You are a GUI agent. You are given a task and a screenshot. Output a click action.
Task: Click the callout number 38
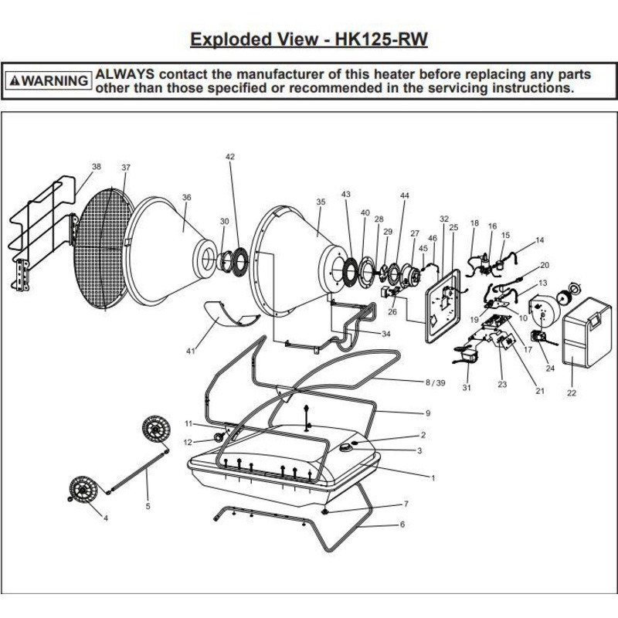pos(96,167)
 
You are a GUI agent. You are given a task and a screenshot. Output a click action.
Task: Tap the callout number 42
pos(230,157)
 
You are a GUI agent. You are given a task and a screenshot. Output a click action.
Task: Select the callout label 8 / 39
pos(435,382)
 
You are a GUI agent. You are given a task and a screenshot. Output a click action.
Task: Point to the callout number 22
pos(572,392)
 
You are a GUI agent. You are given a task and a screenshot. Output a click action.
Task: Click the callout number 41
pos(190,351)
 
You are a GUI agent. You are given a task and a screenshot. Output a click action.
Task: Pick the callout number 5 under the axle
pos(148,506)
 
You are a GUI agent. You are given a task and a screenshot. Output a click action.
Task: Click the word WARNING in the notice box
pos(55,81)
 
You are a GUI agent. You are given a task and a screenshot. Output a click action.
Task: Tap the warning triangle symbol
pos(15,81)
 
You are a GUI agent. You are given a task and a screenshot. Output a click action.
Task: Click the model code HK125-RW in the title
pos(381,39)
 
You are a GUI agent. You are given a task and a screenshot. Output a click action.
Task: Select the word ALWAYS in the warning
pos(125,74)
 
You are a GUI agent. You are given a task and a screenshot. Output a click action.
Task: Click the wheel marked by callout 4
pos(83,490)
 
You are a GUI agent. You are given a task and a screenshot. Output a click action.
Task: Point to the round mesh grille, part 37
pos(104,248)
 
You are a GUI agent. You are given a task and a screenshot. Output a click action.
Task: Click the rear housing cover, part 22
pos(587,332)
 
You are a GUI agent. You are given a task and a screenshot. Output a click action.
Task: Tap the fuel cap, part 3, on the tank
pos(345,447)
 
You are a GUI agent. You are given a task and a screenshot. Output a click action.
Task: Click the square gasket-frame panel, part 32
pos(443,306)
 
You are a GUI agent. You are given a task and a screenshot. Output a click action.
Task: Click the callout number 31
pos(467,388)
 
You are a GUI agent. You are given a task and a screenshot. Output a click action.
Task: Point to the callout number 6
pos(402,525)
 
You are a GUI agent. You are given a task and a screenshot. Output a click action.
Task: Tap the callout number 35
pos(321,202)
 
